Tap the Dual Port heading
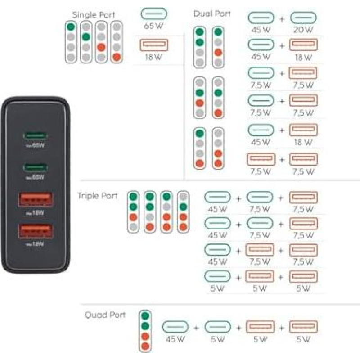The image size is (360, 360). pyautogui.click(x=212, y=13)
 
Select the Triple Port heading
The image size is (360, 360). pyautogui.click(x=97, y=196)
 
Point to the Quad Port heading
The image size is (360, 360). pyautogui.click(x=105, y=315)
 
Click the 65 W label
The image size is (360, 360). pyautogui.click(x=153, y=26)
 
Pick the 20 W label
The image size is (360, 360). pyautogui.click(x=303, y=30)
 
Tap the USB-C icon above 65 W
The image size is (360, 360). pyautogui.click(x=154, y=13)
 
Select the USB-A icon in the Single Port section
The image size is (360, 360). pyautogui.click(x=154, y=45)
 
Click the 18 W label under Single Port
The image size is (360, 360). pyautogui.click(x=154, y=57)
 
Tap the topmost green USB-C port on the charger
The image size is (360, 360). pyautogui.click(x=36, y=135)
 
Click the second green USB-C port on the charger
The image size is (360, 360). pyautogui.click(x=36, y=167)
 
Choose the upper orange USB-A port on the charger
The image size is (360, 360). pyautogui.click(x=35, y=199)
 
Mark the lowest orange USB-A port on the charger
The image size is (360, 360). pyautogui.click(x=35, y=231)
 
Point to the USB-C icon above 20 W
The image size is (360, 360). pyautogui.click(x=303, y=18)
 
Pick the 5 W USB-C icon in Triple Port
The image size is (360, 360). pyautogui.click(x=217, y=276)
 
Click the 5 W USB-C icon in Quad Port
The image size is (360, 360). pyautogui.click(x=217, y=327)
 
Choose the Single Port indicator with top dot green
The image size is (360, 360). pyautogui.click(x=70, y=42)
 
